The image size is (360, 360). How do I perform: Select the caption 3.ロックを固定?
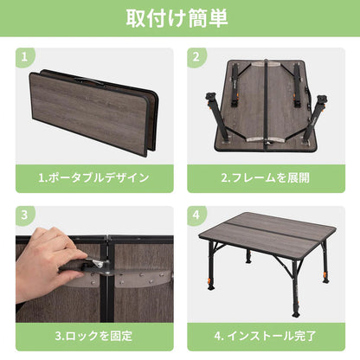tap(93, 336)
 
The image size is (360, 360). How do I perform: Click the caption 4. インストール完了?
tap(265, 336)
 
